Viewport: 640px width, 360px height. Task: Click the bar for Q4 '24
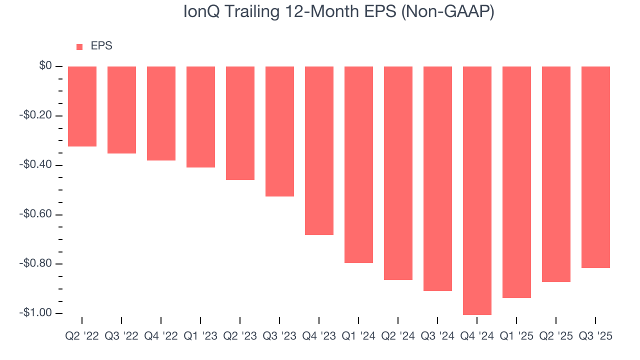[x=477, y=190]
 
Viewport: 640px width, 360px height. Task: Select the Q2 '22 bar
[x=82, y=106]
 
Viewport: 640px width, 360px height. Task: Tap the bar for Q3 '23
[x=279, y=131]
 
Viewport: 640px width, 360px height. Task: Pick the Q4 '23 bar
[x=319, y=150]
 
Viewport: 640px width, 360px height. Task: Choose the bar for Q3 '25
[x=595, y=167]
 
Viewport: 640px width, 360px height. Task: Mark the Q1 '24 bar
[x=358, y=164]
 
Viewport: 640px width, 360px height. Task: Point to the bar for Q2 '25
[x=556, y=174]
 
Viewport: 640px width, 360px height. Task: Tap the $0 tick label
[x=45, y=66]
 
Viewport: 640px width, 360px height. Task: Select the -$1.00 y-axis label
[x=35, y=313]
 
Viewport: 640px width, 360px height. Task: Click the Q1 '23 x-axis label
[x=200, y=336]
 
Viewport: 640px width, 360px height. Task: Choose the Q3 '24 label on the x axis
[x=437, y=336]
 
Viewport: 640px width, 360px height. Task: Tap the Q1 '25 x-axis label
[x=516, y=336]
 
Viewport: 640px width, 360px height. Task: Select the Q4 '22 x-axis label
[x=161, y=336]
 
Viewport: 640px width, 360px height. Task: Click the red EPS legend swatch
[x=79, y=47]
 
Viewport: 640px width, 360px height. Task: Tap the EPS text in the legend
[x=101, y=46]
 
